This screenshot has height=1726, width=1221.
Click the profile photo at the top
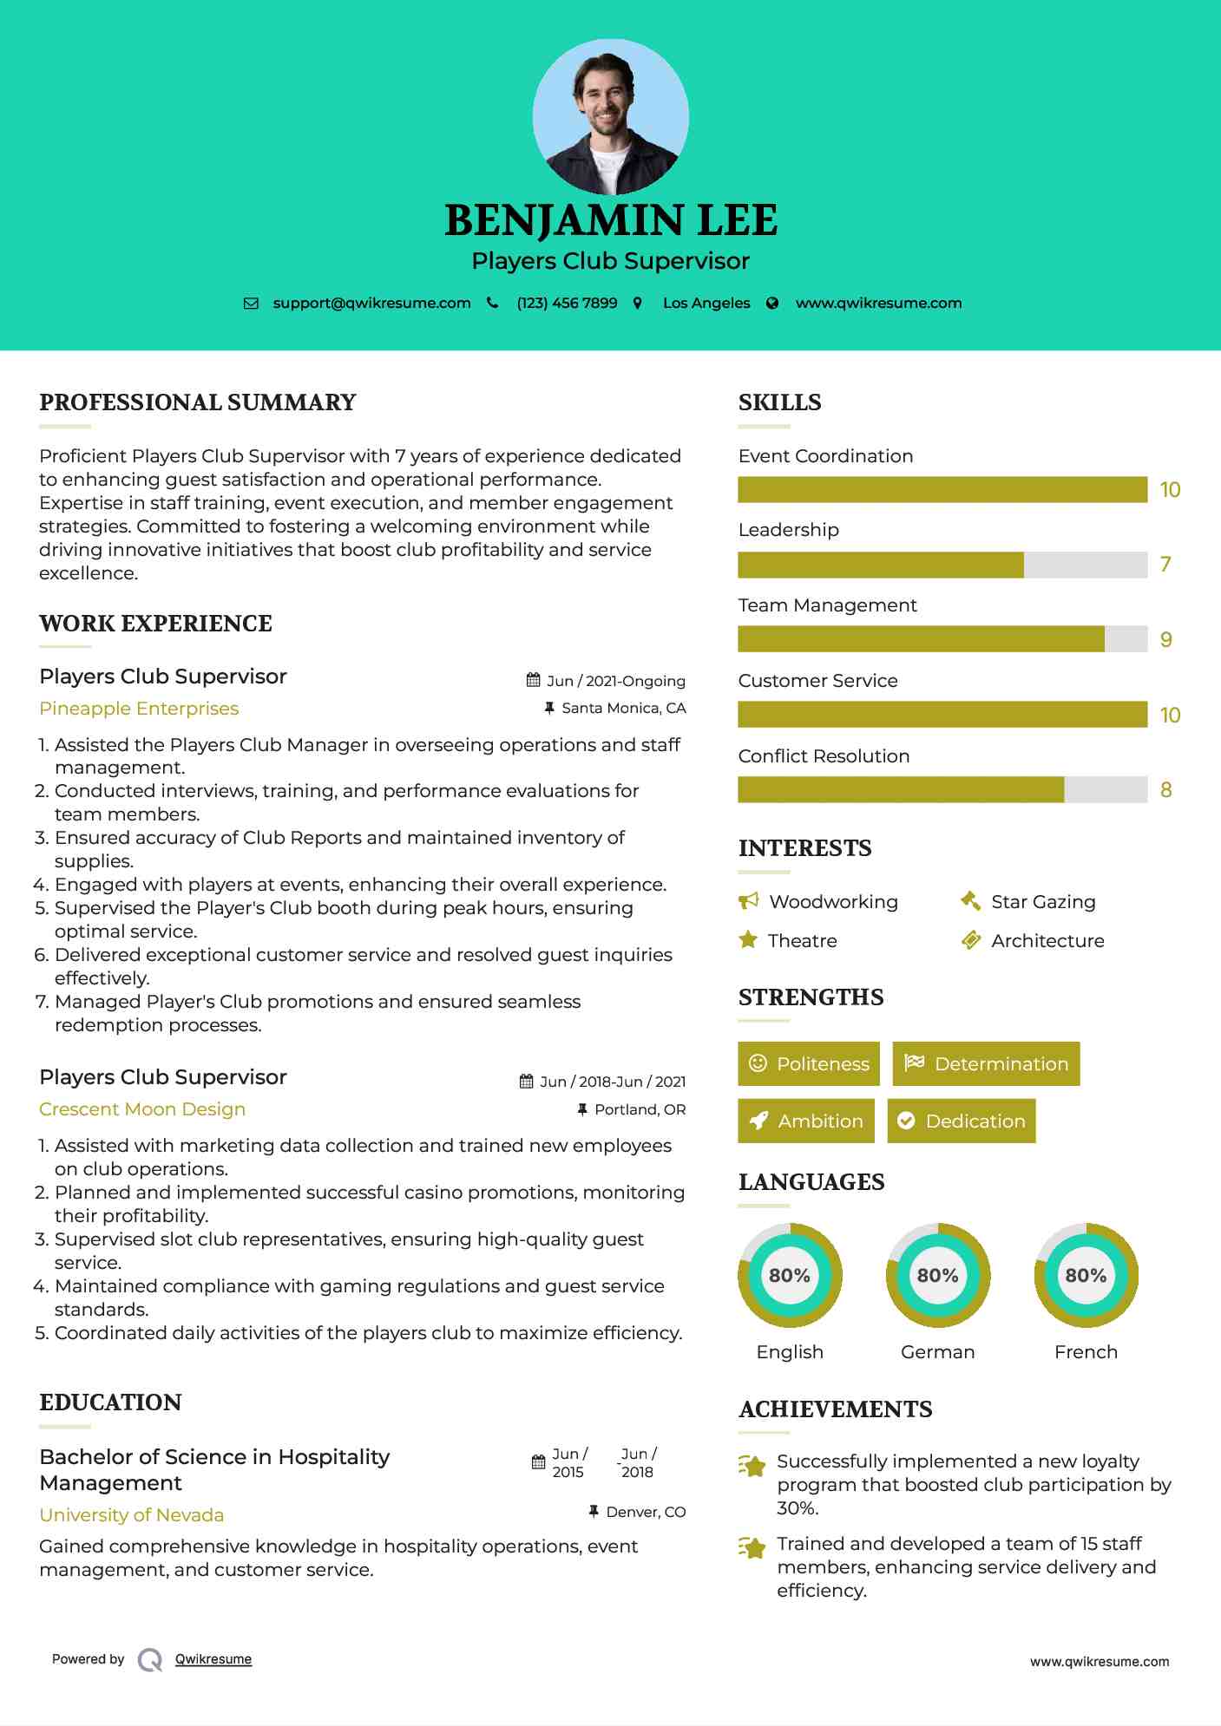click(610, 116)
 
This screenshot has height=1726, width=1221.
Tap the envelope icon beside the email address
click(251, 304)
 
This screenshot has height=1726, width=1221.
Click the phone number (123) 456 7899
click(567, 304)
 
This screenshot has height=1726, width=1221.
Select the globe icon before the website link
click(772, 304)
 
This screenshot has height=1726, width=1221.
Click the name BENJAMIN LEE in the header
click(610, 220)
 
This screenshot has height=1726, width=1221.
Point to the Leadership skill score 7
click(1165, 565)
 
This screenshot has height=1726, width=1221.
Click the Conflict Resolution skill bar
click(942, 790)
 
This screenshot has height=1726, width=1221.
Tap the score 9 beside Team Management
click(1165, 640)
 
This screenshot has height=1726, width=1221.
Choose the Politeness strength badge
click(809, 1064)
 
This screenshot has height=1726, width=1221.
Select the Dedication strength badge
click(962, 1121)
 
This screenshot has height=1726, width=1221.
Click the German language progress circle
click(938, 1276)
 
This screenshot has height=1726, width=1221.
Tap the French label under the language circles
click(1086, 1352)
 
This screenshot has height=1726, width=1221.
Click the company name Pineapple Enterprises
click(139, 709)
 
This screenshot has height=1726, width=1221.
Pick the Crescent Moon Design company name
click(142, 1109)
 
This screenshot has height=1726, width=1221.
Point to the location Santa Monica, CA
click(623, 709)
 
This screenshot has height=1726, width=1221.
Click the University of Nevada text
click(132, 1515)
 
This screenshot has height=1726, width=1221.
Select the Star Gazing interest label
click(1043, 902)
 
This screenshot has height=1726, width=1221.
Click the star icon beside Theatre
click(748, 940)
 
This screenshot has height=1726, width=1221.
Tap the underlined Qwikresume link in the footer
click(213, 1659)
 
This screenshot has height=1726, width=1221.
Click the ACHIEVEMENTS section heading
click(835, 1409)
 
